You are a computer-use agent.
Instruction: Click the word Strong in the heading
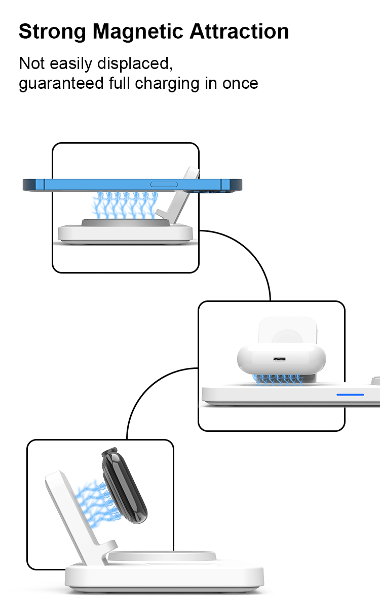(52, 32)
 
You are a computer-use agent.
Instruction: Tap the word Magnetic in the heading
(138, 32)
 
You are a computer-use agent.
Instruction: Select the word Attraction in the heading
(239, 31)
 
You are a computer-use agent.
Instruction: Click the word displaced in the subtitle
(135, 64)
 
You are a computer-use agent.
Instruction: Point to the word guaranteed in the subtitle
(61, 83)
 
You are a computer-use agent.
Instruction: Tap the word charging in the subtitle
(167, 83)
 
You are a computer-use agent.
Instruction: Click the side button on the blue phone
(164, 184)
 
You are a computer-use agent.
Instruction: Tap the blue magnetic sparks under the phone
(125, 205)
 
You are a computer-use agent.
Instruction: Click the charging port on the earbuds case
(279, 359)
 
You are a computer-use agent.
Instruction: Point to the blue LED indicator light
(350, 394)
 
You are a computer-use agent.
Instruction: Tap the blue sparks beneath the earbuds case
(278, 380)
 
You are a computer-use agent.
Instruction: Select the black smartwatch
(124, 486)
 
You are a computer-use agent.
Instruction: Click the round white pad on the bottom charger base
(162, 556)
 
